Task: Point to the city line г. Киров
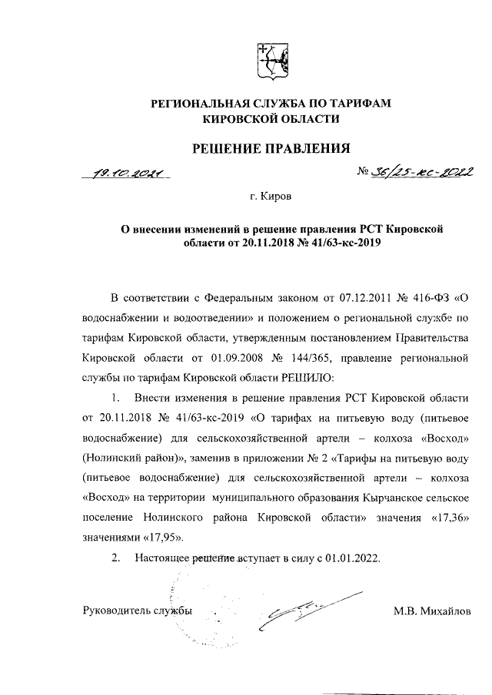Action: (271, 197)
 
